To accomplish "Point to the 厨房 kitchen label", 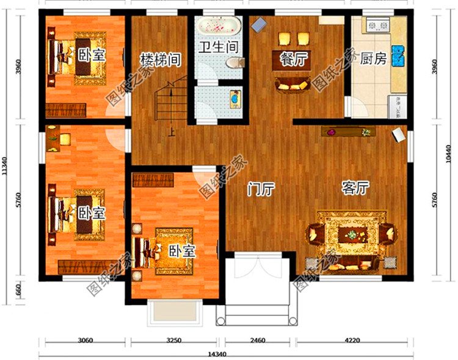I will tap(373, 59).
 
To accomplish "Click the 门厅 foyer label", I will tap(260, 189).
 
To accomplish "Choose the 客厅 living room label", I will tap(355, 188).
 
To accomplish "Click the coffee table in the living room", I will tap(352, 234).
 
